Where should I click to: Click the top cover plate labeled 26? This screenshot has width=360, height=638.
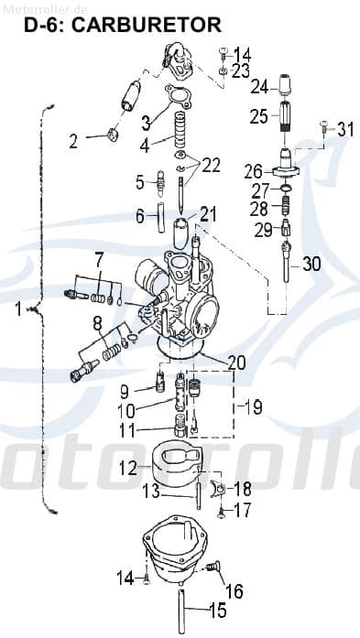click(x=287, y=171)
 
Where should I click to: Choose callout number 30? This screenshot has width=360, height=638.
click(x=311, y=264)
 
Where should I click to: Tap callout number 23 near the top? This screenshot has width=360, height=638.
click(x=240, y=70)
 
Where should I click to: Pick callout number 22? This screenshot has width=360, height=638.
click(x=212, y=165)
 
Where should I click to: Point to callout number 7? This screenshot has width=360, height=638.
click(x=98, y=258)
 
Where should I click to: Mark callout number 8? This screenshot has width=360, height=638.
click(x=98, y=322)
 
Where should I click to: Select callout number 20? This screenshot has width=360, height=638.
click(x=236, y=362)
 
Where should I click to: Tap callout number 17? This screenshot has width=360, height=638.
click(x=242, y=511)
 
